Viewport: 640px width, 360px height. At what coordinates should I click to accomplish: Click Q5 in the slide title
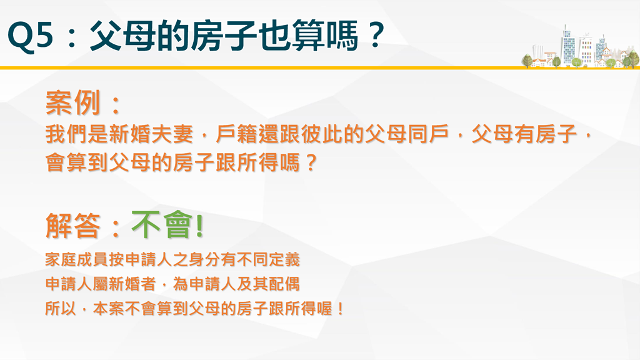[x=31, y=36]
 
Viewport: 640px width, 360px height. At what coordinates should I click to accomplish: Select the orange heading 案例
[x=72, y=102]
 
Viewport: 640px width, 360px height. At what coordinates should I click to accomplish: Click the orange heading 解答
[x=72, y=225]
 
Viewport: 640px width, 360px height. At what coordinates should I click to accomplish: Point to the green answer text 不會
[x=162, y=225]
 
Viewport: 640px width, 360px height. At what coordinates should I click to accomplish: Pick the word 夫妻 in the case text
[x=172, y=134]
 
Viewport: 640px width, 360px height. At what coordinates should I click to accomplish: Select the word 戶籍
[x=236, y=134]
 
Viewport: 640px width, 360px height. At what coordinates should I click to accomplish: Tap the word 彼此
[x=322, y=134]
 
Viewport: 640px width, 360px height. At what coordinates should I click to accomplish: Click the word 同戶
[x=428, y=134]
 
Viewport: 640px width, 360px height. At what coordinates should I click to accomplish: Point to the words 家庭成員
[x=76, y=259]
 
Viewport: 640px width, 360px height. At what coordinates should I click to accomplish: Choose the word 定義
[x=284, y=259]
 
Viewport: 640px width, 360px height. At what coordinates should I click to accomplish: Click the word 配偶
[x=284, y=284]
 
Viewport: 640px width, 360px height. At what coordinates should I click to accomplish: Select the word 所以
[x=61, y=309]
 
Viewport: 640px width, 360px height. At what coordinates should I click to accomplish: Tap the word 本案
[x=109, y=309]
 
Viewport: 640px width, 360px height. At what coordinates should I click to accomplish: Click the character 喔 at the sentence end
[x=324, y=309]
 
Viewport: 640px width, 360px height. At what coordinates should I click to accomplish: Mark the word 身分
[x=221, y=259]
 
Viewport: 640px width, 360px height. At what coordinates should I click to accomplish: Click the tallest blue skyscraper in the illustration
[x=567, y=45]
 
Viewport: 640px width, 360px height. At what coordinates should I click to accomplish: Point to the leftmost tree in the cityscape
[x=527, y=61]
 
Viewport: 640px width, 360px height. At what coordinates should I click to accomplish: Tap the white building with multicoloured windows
[x=586, y=50]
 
